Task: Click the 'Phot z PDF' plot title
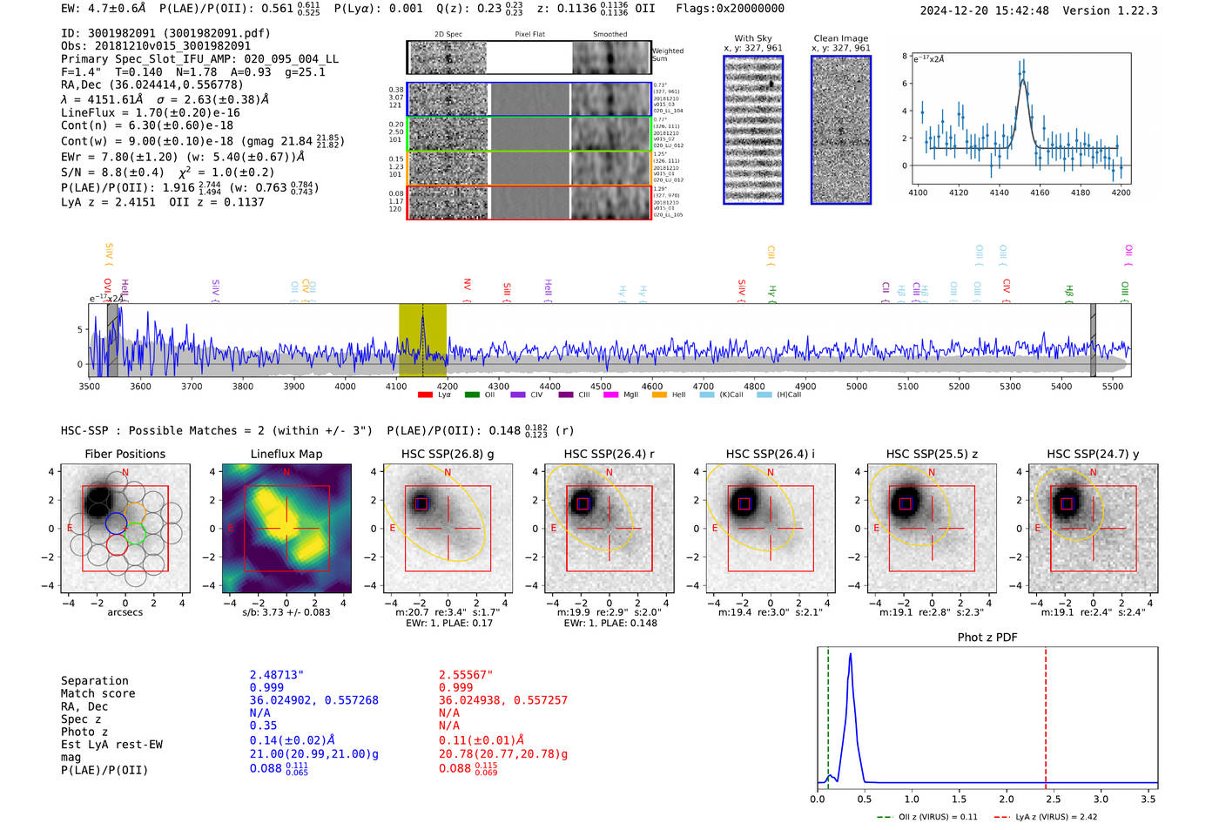coord(987,638)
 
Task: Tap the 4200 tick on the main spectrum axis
coord(448,387)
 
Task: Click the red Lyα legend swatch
coord(425,395)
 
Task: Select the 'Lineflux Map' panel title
coord(286,454)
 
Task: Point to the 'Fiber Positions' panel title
coord(125,454)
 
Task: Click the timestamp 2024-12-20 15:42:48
coord(984,10)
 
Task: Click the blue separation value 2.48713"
coord(277,675)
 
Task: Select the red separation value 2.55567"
coord(466,675)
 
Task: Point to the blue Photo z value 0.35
coord(263,725)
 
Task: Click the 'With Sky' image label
coord(753,38)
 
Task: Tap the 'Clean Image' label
coord(841,38)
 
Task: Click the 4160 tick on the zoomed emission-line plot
coord(1040,192)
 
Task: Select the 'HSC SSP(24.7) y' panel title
coord(1093,454)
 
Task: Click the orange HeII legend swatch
coord(659,395)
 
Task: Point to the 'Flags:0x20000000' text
coord(730,9)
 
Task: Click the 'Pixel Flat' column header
coord(529,35)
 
